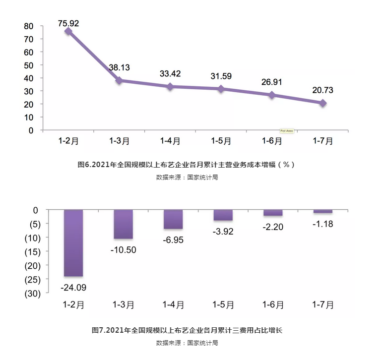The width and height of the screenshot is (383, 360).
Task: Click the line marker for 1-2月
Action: click(x=68, y=31)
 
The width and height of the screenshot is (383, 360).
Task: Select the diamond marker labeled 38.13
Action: click(x=119, y=80)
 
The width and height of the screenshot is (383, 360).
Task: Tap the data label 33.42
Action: click(x=170, y=74)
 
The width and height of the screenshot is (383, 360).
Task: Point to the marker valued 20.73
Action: click(x=323, y=103)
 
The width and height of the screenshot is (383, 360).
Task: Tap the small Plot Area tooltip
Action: click(x=288, y=131)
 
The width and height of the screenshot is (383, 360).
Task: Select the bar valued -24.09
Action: click(x=73, y=243)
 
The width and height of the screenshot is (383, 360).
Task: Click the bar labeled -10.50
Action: click(x=123, y=224)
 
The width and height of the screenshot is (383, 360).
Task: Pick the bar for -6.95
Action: click(x=173, y=219)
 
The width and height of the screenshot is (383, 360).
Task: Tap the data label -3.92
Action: click(x=223, y=232)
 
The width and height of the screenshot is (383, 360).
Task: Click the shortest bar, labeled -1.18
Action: click(x=322, y=212)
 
